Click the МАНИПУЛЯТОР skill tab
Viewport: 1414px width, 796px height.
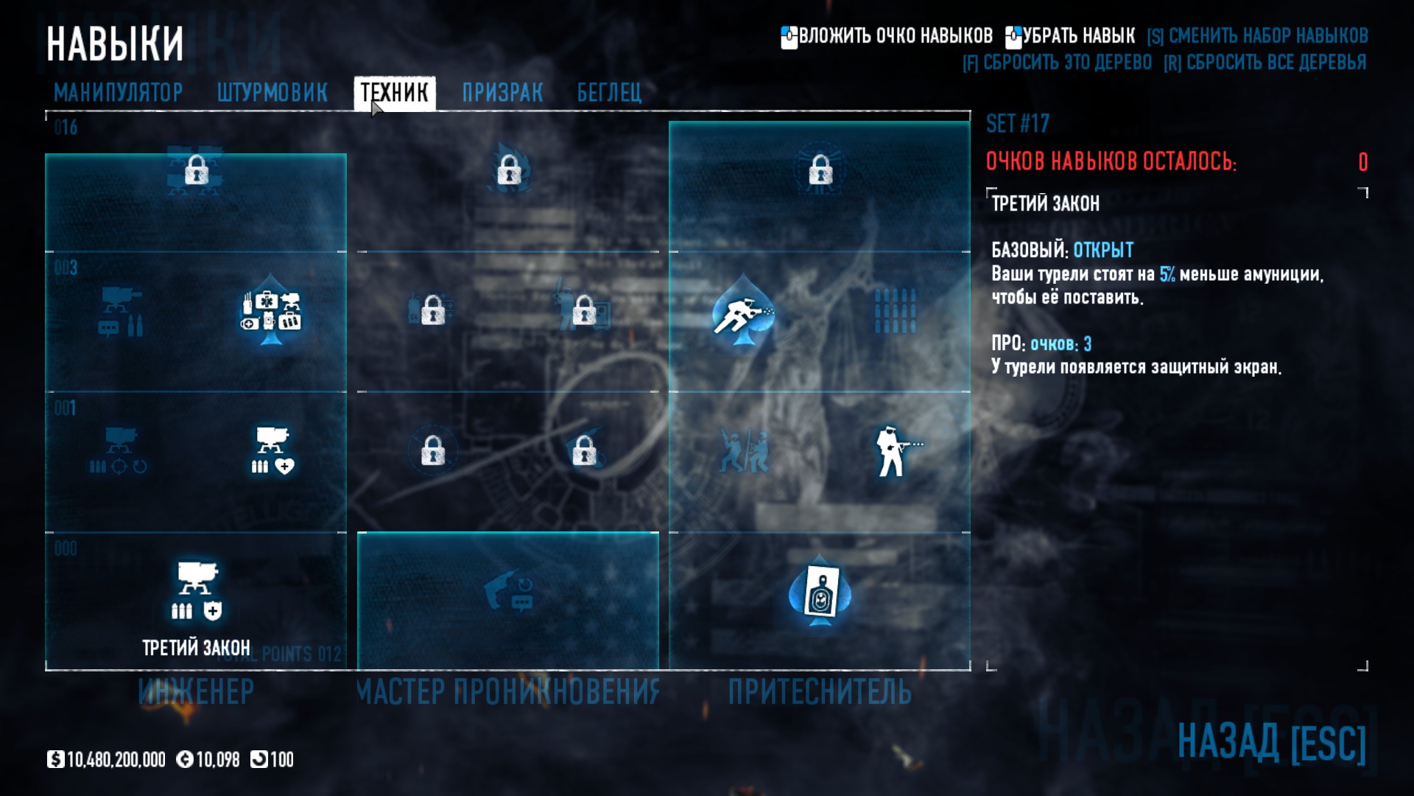click(x=118, y=93)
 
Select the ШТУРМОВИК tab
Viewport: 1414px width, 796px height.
click(x=272, y=93)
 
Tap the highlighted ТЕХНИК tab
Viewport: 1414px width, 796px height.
click(x=394, y=93)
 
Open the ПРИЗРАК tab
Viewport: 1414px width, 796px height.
click(x=502, y=93)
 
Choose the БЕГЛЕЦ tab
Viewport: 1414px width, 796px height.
click(x=609, y=93)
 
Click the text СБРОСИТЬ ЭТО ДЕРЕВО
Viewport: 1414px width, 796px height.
click(x=1058, y=63)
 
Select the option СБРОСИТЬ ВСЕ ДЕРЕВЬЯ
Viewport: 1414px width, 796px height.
click(x=1265, y=63)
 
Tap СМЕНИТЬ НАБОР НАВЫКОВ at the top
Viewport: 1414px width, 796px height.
click(x=1258, y=35)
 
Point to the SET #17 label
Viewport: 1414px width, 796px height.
click(x=1017, y=124)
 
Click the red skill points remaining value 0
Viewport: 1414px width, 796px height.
click(x=1362, y=162)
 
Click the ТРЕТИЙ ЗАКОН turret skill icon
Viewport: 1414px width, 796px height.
click(x=197, y=590)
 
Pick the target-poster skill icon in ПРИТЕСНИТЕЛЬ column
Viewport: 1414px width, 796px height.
click(x=820, y=591)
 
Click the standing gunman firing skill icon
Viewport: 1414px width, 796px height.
click(x=895, y=451)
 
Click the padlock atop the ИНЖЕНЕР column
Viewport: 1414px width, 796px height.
click(x=196, y=170)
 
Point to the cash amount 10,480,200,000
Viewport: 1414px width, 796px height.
click(x=116, y=760)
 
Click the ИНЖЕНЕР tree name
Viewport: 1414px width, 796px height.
click(x=196, y=692)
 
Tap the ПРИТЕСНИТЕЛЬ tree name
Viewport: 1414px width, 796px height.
click(x=820, y=692)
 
